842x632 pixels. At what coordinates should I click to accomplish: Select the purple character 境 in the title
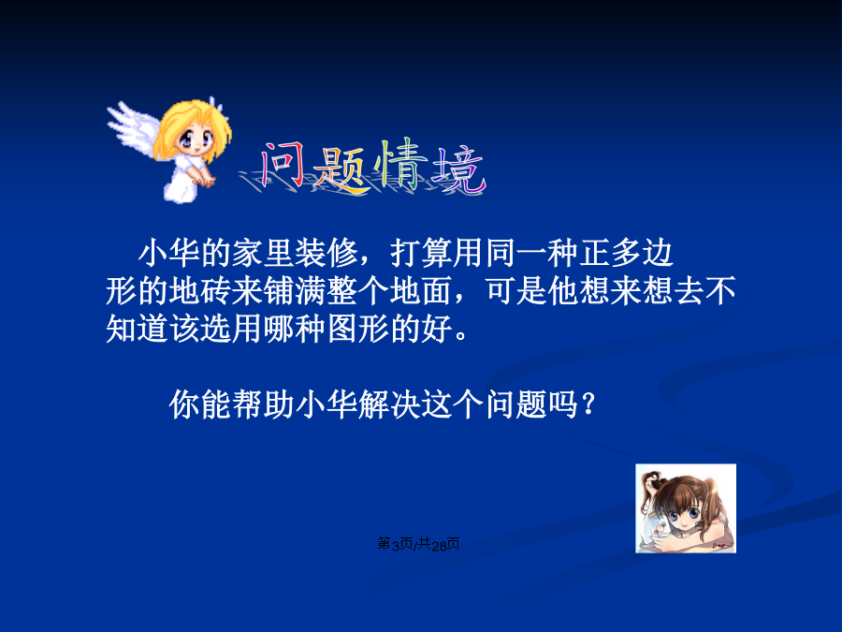pos(459,169)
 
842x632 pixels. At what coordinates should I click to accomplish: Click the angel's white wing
pos(132,128)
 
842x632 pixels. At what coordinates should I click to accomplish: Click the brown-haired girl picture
pos(686,508)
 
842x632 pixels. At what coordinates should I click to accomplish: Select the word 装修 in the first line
pos(327,253)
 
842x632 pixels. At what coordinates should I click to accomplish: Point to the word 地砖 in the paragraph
pos(201,291)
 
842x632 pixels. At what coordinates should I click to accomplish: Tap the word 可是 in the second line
pos(516,291)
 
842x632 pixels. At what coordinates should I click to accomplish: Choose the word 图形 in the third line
pos(358,329)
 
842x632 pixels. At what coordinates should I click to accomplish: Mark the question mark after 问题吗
pos(588,404)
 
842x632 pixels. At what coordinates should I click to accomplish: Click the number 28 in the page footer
pos(439,546)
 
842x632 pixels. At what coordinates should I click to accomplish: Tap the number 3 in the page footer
pos(396,546)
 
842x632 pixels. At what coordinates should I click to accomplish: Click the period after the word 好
pos(460,337)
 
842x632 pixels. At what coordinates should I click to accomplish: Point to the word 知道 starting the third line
pos(138,329)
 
